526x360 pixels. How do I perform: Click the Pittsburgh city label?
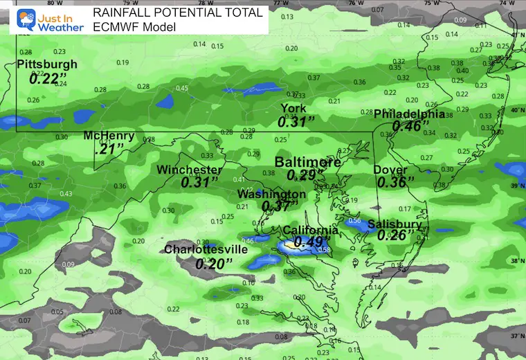[46, 64]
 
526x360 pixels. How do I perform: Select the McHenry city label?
[108, 136]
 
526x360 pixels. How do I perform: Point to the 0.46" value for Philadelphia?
[408, 126]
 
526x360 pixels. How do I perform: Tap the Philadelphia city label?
[410, 114]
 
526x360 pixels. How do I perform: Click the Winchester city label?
[189, 170]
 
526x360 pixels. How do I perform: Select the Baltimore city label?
[307, 162]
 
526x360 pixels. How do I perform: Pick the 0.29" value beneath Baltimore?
[302, 175]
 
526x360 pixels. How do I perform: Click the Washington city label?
[271, 195]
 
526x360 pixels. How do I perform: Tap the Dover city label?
[391, 170]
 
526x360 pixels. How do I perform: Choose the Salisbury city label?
[394, 224]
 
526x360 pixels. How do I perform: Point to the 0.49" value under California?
[309, 242]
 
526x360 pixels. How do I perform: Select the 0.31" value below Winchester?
[199, 183]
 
